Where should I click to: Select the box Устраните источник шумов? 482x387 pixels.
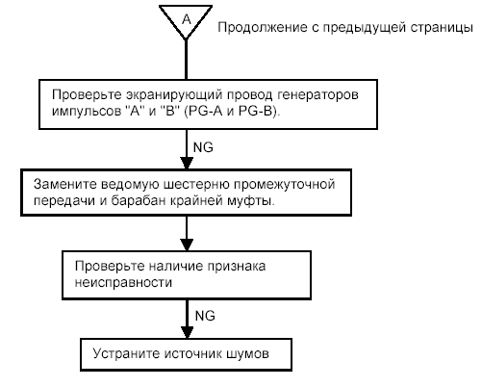[183, 353]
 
